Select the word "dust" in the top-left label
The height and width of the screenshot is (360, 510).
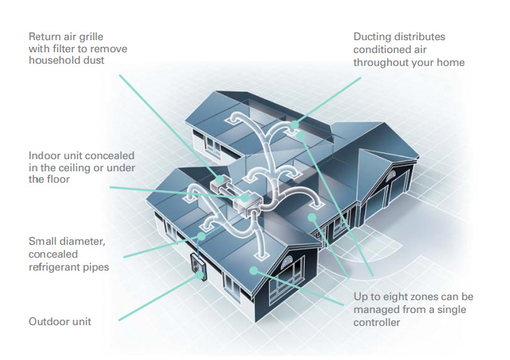pos(94,60)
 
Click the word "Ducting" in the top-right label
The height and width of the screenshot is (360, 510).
pos(372,36)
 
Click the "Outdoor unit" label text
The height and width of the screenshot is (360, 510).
pos(60,321)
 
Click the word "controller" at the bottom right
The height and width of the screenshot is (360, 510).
pos(377,323)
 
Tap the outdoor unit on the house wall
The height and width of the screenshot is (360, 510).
pos(198,266)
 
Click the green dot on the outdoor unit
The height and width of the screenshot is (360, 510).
pos(199,275)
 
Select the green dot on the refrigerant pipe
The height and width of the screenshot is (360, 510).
pos(202,236)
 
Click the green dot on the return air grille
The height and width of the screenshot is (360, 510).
pos(221,179)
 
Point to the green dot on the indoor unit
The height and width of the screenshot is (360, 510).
pos(245,197)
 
